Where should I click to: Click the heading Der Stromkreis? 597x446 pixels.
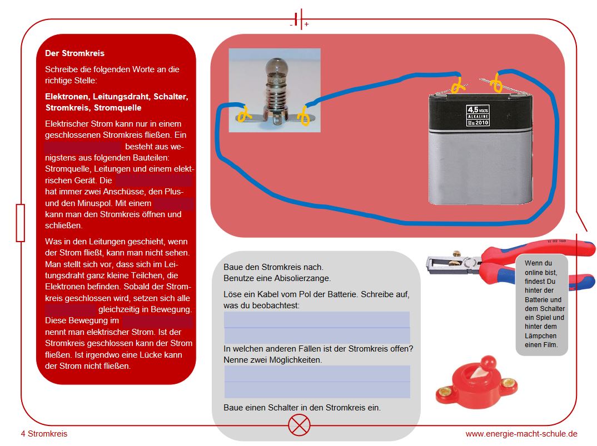point(74,54)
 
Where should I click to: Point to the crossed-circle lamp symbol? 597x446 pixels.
point(300,426)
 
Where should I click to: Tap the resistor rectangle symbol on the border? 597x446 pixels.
point(21,222)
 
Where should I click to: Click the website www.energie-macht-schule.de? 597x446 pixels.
point(521,434)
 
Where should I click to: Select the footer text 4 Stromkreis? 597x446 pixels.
point(44,434)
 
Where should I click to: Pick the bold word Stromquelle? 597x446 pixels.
point(117,108)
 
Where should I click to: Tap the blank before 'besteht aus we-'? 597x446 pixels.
point(83,147)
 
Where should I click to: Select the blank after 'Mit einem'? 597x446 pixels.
point(173,204)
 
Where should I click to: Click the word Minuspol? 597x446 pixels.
point(72,203)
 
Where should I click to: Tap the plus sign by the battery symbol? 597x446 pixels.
point(306,24)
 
